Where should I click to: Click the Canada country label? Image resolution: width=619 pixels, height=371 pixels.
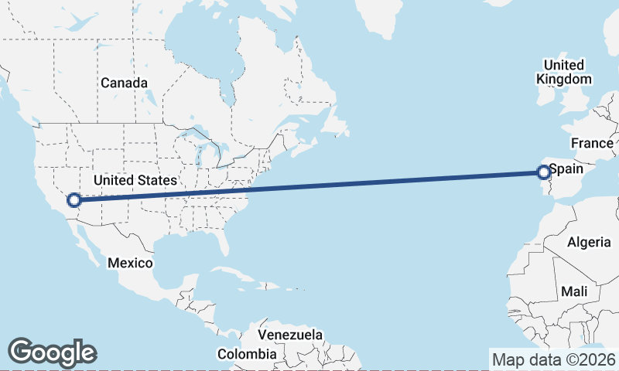click(x=124, y=82)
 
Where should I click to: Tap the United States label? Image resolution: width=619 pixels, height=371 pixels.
click(x=135, y=180)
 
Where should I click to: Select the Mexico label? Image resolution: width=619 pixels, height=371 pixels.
click(x=129, y=263)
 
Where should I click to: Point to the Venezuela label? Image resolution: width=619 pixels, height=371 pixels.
click(x=289, y=335)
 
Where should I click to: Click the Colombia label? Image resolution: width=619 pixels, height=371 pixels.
click(x=246, y=354)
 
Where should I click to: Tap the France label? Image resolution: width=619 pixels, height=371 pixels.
click(x=592, y=143)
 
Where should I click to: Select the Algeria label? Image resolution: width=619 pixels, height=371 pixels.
click(x=589, y=242)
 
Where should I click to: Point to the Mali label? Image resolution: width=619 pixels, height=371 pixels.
click(x=575, y=291)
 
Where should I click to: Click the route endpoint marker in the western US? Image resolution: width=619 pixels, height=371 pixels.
click(x=74, y=200)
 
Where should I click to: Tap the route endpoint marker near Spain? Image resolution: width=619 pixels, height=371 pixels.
click(x=544, y=172)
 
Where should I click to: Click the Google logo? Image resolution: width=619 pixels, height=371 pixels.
click(x=52, y=352)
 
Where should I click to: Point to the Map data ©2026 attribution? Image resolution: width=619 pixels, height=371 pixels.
click(x=553, y=359)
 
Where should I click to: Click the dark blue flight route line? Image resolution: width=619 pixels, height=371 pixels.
click(x=309, y=185)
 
